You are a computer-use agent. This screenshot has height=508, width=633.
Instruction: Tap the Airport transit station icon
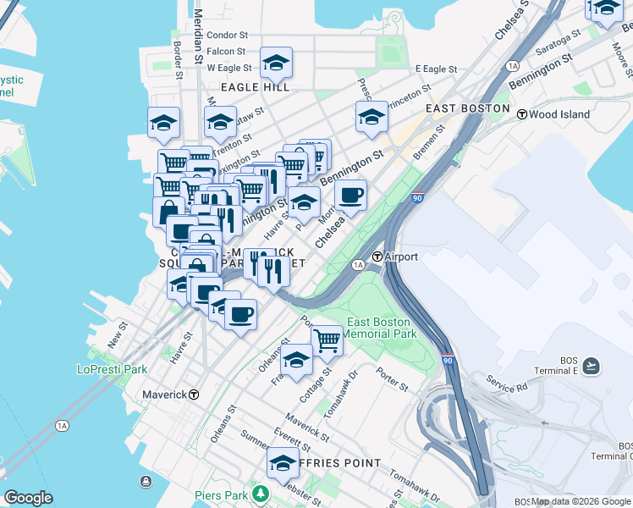[378, 256]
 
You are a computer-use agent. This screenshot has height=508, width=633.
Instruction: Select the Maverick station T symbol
[194, 395]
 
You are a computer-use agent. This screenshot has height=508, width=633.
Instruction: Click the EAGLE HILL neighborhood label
[255, 86]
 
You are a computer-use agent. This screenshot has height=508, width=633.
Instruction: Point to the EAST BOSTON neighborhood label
[467, 108]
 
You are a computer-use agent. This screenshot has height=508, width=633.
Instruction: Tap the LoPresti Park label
[112, 369]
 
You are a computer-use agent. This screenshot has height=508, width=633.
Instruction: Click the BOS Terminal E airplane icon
[591, 366]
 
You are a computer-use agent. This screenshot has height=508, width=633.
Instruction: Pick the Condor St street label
[227, 36]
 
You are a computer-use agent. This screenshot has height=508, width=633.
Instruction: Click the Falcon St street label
[226, 52]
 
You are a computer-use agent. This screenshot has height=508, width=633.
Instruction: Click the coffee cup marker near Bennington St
[350, 196]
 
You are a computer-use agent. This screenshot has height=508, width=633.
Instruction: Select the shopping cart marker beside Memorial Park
[327, 340]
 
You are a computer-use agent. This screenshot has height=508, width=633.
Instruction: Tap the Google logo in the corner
[28, 498]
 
